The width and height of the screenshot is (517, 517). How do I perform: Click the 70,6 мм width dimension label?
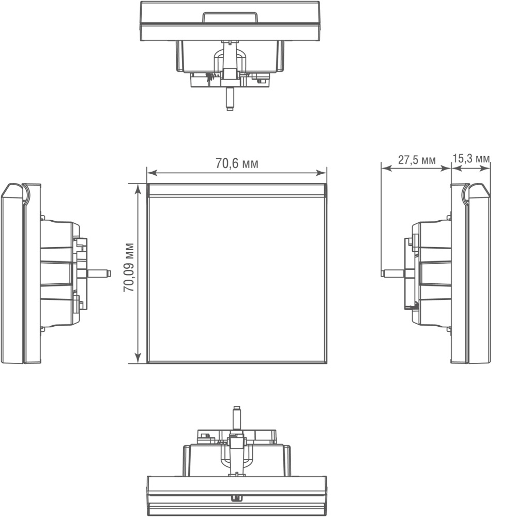pyautogui.click(x=237, y=164)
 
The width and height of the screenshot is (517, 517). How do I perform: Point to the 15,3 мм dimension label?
pyautogui.click(x=471, y=159)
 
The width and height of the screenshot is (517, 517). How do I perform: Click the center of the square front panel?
pyautogui.click(x=237, y=279)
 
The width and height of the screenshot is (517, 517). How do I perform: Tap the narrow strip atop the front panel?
pyautogui.click(x=237, y=190)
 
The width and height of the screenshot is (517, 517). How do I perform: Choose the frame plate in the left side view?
pyautogui.click(x=21, y=273)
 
